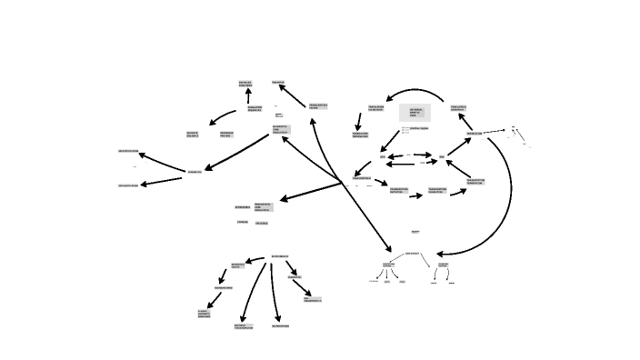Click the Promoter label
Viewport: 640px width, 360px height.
pos(278,82)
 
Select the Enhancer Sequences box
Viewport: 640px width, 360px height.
pos(245,84)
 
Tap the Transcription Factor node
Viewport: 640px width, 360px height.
pos(318,106)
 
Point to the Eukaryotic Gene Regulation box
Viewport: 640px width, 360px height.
pos(281,130)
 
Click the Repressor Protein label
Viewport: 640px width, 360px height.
pos(226,135)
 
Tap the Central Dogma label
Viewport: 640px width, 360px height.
pos(419,128)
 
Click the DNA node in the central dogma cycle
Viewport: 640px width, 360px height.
pos(383,156)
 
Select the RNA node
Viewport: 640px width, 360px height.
pos(442,156)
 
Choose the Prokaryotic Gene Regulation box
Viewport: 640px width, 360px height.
pos(263,207)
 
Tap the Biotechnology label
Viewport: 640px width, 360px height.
pos(280,256)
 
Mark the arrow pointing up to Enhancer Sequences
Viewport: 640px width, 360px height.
pos(246,96)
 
